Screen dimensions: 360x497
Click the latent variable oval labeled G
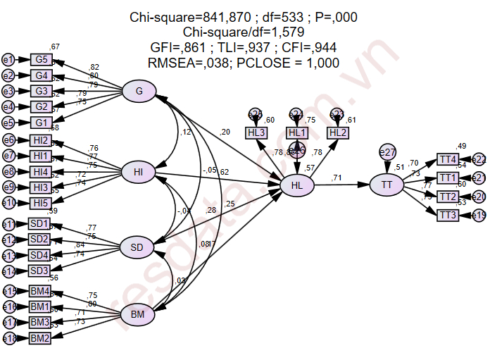(139, 91)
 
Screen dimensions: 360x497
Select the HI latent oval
(138, 172)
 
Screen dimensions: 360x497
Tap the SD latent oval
(137, 247)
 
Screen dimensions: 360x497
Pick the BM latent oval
(137, 315)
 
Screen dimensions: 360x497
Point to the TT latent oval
(386, 185)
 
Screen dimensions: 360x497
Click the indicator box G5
(42, 59)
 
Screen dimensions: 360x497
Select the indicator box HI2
(39, 140)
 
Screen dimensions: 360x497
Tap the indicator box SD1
(39, 224)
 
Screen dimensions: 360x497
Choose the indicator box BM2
(39, 338)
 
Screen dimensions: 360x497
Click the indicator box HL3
(256, 132)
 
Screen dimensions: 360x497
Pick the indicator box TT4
(448, 159)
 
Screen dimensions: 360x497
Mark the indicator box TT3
(448, 215)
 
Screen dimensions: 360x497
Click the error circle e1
(8, 59)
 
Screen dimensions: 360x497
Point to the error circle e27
(387, 151)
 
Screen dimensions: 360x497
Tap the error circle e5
(8, 122)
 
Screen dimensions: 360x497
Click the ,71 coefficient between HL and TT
(337, 178)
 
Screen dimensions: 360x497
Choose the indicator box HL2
(338, 132)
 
